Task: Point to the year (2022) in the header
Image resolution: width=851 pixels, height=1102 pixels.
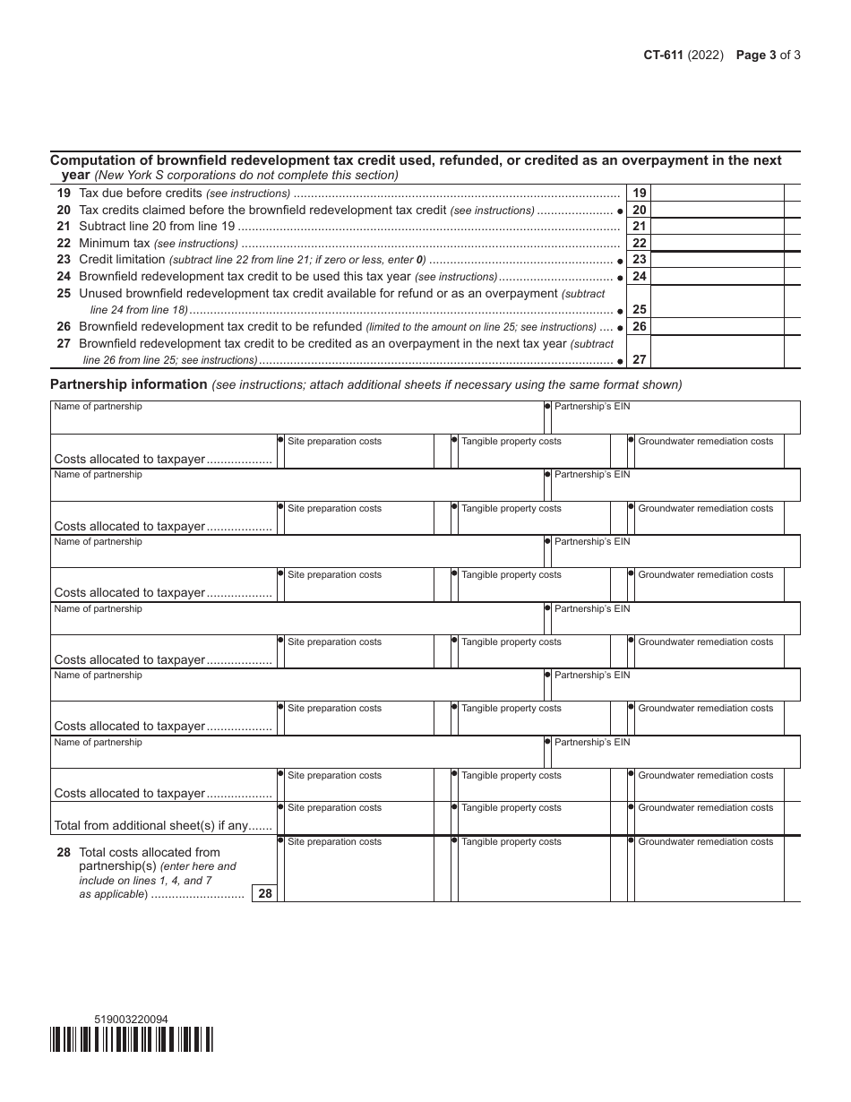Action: [x=706, y=55]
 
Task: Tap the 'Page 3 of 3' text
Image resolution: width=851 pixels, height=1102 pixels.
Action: [x=768, y=55]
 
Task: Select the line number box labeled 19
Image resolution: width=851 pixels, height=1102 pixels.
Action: [x=639, y=194]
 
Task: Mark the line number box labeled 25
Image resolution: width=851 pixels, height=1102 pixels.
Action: [x=639, y=309]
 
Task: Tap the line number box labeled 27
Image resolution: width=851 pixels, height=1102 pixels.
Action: [x=639, y=359]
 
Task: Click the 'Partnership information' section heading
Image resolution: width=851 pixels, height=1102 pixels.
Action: [x=128, y=384]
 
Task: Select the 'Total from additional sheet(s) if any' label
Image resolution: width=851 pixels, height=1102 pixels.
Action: [x=163, y=825]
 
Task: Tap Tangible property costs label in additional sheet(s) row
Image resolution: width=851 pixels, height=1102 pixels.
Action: [x=511, y=808]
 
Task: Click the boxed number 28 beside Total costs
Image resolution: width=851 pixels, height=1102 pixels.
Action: [x=264, y=893]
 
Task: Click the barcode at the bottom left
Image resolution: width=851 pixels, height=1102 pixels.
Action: [x=132, y=1039]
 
